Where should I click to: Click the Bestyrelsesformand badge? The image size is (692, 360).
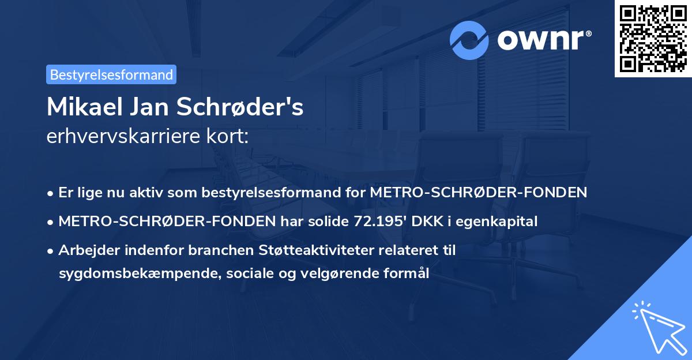click(x=111, y=74)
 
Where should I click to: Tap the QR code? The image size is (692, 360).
click(x=653, y=39)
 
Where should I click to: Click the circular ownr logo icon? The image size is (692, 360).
click(x=469, y=40)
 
